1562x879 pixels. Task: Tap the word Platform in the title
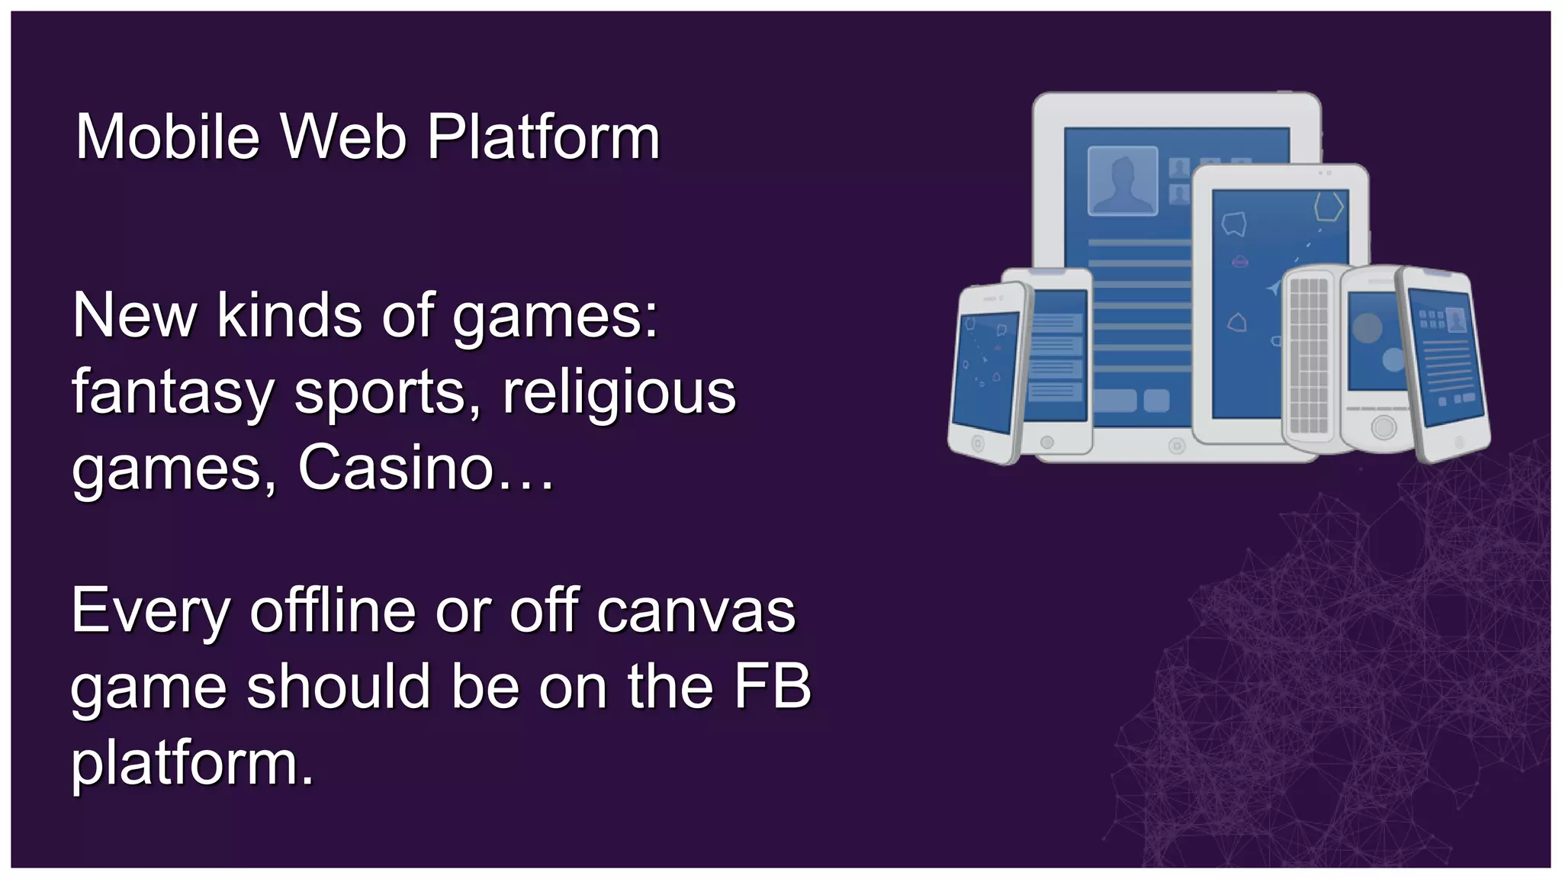[x=543, y=139]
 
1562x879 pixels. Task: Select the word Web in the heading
[x=343, y=137]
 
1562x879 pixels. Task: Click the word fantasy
[x=172, y=393]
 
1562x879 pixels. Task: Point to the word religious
[x=619, y=393]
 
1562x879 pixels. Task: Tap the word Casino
[x=397, y=468]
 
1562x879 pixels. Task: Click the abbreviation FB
[x=772, y=687]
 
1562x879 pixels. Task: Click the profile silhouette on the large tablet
[x=1122, y=181]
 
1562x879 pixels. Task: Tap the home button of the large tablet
[x=1177, y=446]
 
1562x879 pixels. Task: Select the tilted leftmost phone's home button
[x=978, y=443]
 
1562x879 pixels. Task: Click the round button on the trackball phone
[x=1383, y=427]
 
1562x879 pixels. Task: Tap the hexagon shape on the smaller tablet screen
[x=1329, y=206]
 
